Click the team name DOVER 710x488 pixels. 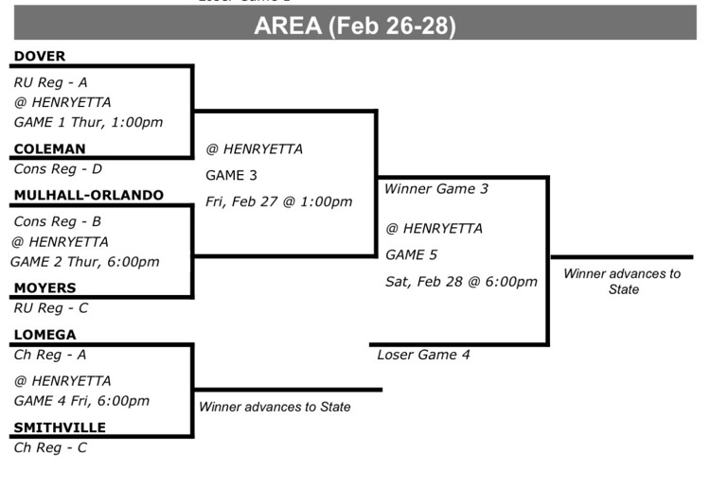point(40,56)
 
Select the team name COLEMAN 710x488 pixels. point(49,148)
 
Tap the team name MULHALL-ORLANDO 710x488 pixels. point(88,195)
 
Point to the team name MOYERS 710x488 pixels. point(44,288)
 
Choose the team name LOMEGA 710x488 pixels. point(44,334)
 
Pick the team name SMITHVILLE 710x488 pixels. point(60,427)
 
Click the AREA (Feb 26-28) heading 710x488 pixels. point(355,26)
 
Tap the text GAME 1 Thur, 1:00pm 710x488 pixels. point(88,122)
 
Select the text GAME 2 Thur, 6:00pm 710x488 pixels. point(85,262)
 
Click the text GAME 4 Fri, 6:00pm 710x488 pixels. point(81,400)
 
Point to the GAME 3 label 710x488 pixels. point(231,175)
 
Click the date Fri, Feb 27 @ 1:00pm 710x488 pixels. point(278,201)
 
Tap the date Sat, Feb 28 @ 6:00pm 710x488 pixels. point(461,281)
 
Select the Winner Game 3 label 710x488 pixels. point(435,189)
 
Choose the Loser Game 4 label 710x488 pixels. point(423,355)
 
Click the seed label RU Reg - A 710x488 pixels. point(50,82)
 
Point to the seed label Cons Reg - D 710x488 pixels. point(58,169)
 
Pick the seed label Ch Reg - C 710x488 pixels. point(50,447)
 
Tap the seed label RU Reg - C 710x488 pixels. point(50,307)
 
